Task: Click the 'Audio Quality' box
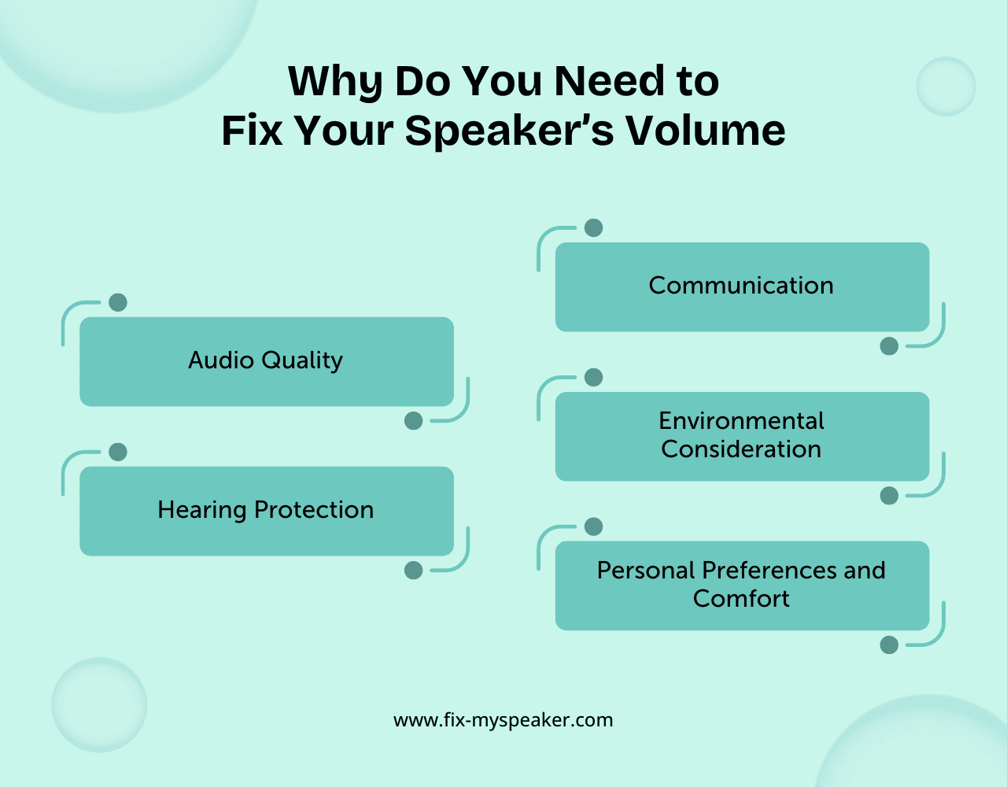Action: (x=267, y=361)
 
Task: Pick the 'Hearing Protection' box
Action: (x=267, y=511)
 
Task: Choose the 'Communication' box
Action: (x=742, y=286)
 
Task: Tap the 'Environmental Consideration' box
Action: (x=742, y=436)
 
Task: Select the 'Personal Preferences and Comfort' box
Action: (x=742, y=585)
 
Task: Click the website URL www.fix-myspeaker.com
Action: (x=503, y=720)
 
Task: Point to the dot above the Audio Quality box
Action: (x=118, y=302)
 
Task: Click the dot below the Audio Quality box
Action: (x=414, y=421)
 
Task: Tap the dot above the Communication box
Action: (x=594, y=228)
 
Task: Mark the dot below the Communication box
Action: (x=889, y=346)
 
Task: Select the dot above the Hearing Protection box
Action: (x=118, y=452)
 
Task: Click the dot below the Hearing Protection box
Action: (x=414, y=571)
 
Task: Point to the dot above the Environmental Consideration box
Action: (x=594, y=378)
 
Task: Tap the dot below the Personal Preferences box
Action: (x=889, y=645)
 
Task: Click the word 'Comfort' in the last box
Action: (x=741, y=599)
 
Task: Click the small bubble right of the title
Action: (x=946, y=87)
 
